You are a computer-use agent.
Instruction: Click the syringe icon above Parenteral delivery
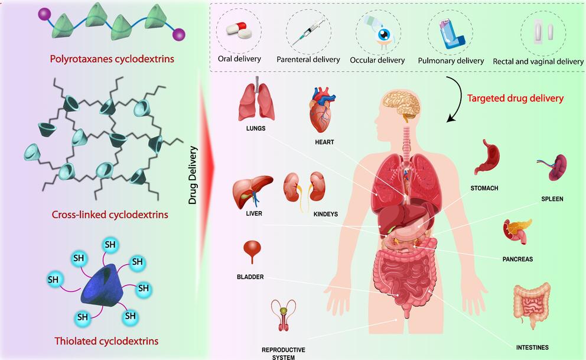coord(308,32)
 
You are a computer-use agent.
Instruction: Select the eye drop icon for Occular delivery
coord(377,32)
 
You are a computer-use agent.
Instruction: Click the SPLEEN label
coord(552,199)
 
